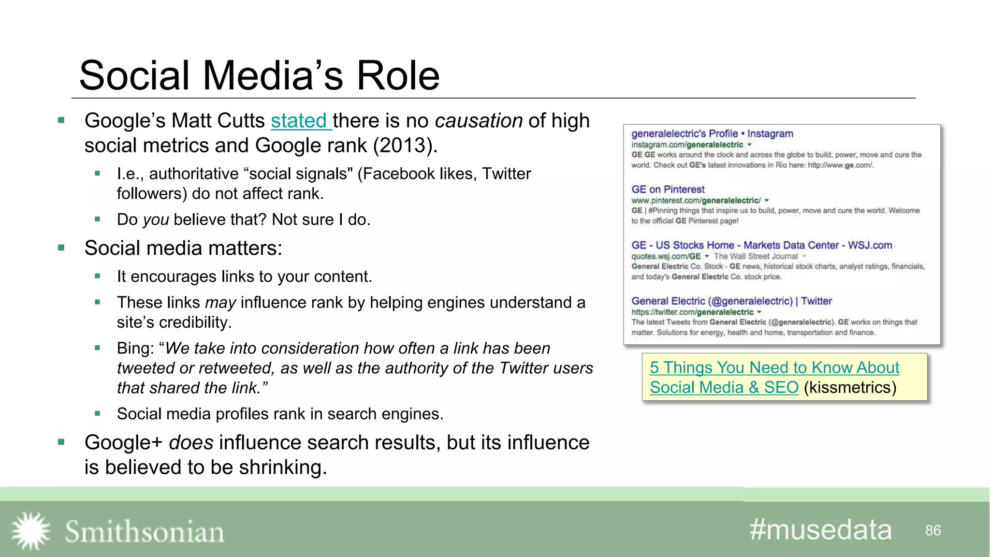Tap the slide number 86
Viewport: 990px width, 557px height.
click(x=933, y=530)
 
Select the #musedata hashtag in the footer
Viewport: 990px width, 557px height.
click(x=820, y=530)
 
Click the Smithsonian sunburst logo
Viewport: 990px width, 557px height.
click(x=30, y=531)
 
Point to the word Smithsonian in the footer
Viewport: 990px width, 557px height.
click(x=145, y=532)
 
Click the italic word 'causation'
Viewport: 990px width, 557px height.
click(x=479, y=121)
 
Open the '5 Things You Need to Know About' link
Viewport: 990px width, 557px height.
click(x=774, y=367)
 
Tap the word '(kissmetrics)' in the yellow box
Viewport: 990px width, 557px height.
click(x=850, y=387)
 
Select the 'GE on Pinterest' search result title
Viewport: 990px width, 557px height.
click(x=668, y=189)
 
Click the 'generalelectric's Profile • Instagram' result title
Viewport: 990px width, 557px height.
click(x=712, y=133)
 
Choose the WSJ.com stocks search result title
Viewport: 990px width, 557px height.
click(x=761, y=245)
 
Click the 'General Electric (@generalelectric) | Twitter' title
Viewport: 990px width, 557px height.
click(x=731, y=301)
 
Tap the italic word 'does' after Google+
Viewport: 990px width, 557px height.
click(x=191, y=442)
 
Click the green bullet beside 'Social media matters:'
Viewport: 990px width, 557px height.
click(x=61, y=248)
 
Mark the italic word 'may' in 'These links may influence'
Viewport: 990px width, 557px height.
click(x=220, y=303)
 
